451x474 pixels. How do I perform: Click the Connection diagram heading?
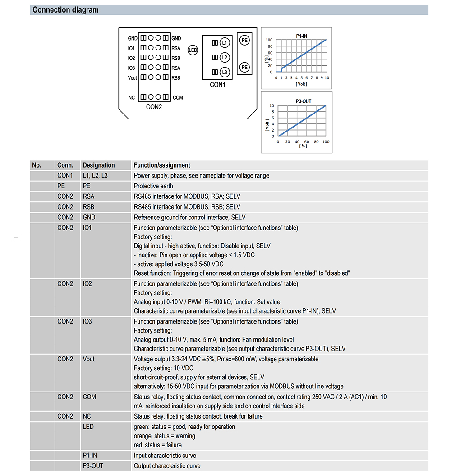click(65, 10)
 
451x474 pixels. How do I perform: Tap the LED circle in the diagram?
click(193, 50)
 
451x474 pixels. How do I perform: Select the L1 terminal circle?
click(225, 43)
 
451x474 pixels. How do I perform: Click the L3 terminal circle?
click(225, 73)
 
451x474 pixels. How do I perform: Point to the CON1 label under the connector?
click(217, 85)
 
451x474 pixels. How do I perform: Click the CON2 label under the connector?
click(154, 107)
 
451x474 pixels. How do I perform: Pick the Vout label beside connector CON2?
click(132, 78)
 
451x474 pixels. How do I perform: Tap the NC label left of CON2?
click(131, 98)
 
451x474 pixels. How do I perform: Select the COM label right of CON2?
click(178, 98)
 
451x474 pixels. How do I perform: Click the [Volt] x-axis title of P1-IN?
click(301, 84)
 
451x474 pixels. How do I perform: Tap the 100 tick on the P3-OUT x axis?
click(325, 141)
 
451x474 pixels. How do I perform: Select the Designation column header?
click(99, 165)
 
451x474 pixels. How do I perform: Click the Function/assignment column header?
click(162, 165)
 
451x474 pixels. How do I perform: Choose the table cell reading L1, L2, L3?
click(95, 176)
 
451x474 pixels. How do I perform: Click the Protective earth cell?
click(153, 186)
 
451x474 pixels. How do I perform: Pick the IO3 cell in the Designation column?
click(87, 322)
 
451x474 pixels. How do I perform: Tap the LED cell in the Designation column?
click(88, 427)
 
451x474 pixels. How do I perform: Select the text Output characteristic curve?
click(167, 466)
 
